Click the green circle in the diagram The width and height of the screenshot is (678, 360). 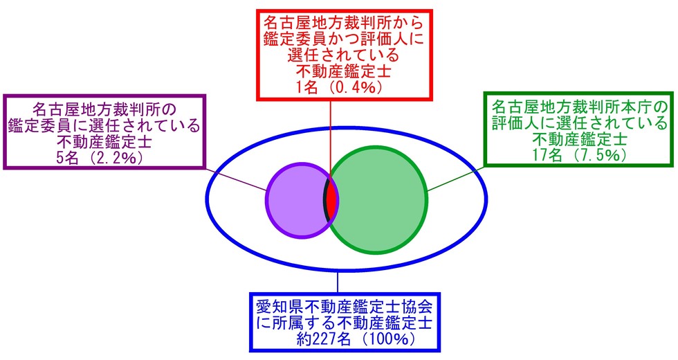pos(381,199)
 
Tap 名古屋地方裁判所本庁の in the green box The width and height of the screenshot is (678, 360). pos(580,108)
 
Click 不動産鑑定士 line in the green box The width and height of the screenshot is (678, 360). pos(580,139)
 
